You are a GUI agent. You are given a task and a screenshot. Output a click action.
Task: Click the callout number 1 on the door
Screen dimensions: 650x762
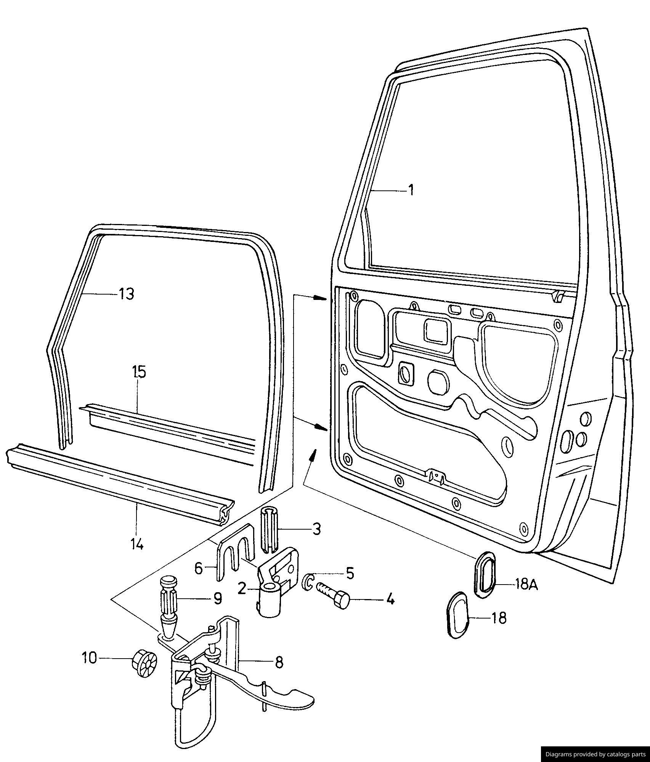(x=411, y=190)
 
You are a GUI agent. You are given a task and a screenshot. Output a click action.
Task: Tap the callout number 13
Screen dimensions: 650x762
(x=127, y=294)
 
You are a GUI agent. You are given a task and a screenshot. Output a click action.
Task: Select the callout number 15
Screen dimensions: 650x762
(x=139, y=372)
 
